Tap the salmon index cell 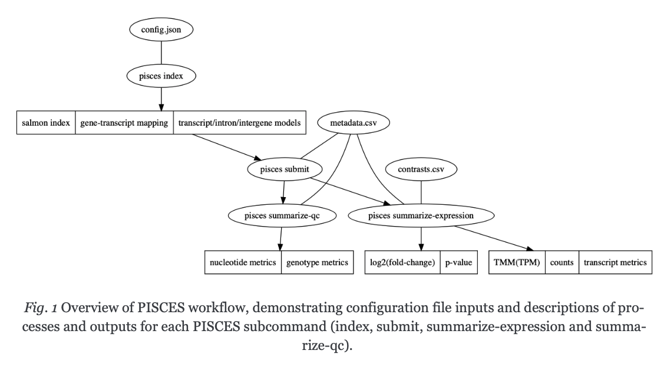(45, 123)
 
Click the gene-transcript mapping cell (124, 123)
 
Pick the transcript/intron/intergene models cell (240, 123)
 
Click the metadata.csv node (354, 123)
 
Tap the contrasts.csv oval (421, 169)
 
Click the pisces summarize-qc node (282, 216)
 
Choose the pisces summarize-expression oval (421, 216)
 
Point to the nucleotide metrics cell (243, 263)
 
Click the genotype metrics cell (317, 263)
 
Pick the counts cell (562, 263)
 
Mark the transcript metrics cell (615, 263)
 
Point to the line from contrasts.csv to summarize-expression (421, 192)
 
